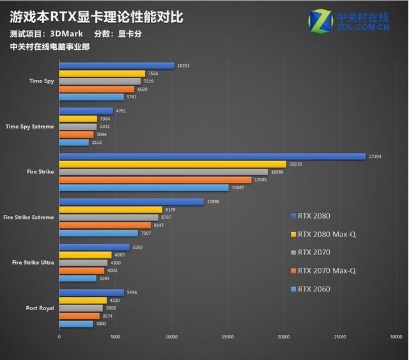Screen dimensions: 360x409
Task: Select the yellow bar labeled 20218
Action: [x=173, y=164]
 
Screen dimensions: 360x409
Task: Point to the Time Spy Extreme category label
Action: [x=29, y=127]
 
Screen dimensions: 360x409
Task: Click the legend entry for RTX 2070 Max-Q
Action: [x=326, y=270]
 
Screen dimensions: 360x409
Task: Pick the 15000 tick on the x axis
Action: [x=227, y=336]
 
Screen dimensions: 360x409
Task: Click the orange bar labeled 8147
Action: [x=105, y=225]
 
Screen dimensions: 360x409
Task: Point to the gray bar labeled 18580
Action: [x=164, y=171]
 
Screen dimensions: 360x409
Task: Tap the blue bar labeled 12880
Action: [x=131, y=201]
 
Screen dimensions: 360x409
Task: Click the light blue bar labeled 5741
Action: [x=91, y=97]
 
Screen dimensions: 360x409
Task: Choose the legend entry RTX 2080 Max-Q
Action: [x=326, y=234]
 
